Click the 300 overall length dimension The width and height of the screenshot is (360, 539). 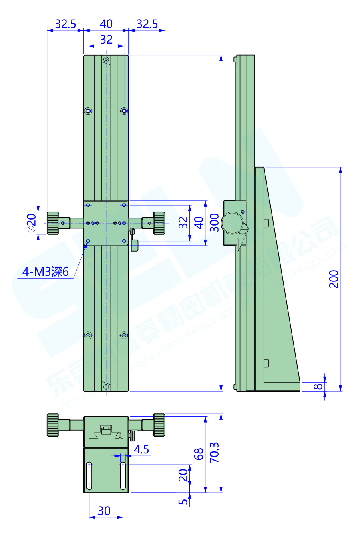pyautogui.click(x=215, y=222)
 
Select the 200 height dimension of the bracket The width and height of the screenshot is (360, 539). pyautogui.click(x=334, y=279)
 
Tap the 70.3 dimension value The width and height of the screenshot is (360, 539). pyautogui.click(x=215, y=453)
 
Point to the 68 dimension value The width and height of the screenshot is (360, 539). pyautogui.click(x=199, y=454)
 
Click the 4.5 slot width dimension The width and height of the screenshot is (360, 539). pyautogui.click(x=141, y=449)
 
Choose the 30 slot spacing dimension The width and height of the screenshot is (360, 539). pyautogui.click(x=104, y=511)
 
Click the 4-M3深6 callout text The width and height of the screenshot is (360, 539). pyautogui.click(x=45, y=272)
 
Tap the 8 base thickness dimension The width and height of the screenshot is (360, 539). pyautogui.click(x=318, y=386)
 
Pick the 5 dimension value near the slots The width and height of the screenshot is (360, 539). pyautogui.click(x=183, y=501)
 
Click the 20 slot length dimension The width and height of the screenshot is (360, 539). pyautogui.click(x=183, y=475)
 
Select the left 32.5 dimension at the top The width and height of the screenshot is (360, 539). pyautogui.click(x=65, y=24)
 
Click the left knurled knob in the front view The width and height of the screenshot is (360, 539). pyautogui.click(x=53, y=223)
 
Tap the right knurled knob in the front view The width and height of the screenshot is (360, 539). pyautogui.click(x=159, y=223)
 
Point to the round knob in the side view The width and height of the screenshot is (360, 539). pyautogui.click(x=233, y=222)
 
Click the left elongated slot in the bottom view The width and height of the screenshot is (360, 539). pyautogui.click(x=89, y=475)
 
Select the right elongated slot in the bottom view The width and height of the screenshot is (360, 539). pyautogui.click(x=123, y=475)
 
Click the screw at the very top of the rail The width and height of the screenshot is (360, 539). pyautogui.click(x=106, y=60)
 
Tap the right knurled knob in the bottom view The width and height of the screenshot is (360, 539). pyautogui.click(x=159, y=425)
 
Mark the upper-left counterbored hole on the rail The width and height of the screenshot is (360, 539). pyautogui.click(x=88, y=111)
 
